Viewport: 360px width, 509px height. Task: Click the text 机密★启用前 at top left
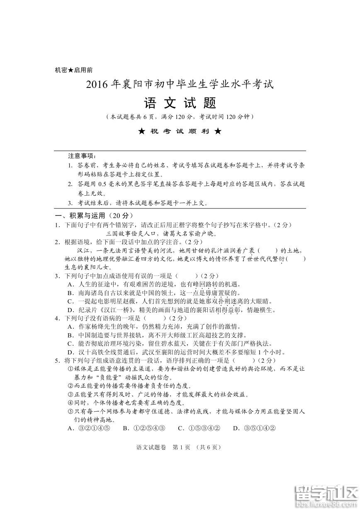tap(73, 70)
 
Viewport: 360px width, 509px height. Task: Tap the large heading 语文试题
tap(180, 103)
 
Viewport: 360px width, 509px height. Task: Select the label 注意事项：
tap(82, 156)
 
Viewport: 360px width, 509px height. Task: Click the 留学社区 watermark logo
tap(325, 495)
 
